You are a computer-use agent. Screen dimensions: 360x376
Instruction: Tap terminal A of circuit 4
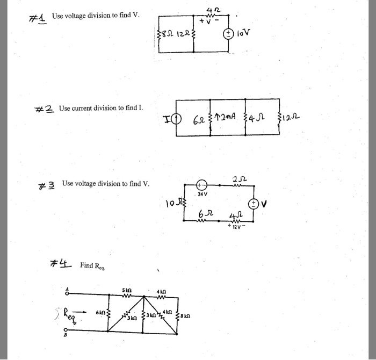pyautogui.click(x=67, y=292)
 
